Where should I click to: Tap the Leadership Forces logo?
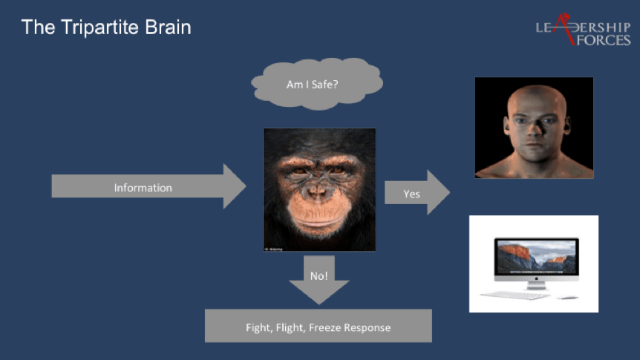pos(583,30)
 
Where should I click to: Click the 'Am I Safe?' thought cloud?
pos(317,84)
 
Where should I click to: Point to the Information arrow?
pos(148,186)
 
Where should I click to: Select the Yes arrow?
pos(417,192)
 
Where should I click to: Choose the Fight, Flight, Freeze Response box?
pos(319,326)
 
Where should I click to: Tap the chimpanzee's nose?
pos(317,191)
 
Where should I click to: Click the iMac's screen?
pos(536,256)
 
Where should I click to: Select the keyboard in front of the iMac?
pos(516,295)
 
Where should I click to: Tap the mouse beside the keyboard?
pos(567,297)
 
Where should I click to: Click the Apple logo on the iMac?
pos(536,278)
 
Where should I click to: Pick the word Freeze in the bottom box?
pos(325,328)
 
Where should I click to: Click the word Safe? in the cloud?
pos(325,85)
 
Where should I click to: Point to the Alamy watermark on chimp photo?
pos(274,249)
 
